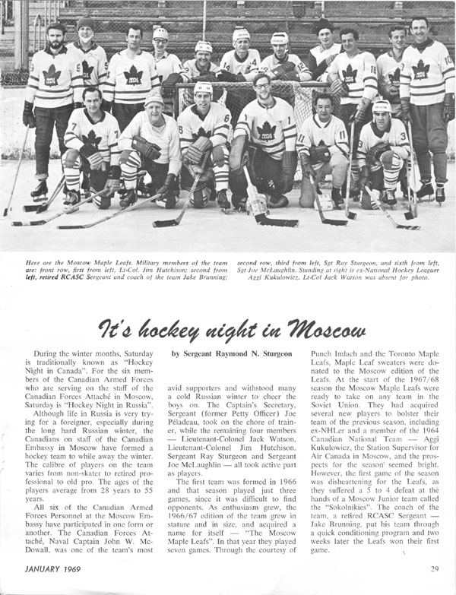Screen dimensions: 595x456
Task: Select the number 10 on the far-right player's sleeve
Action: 448,60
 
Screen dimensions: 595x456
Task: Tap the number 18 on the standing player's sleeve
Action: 373,68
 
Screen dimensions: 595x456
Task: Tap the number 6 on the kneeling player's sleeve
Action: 226,119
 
